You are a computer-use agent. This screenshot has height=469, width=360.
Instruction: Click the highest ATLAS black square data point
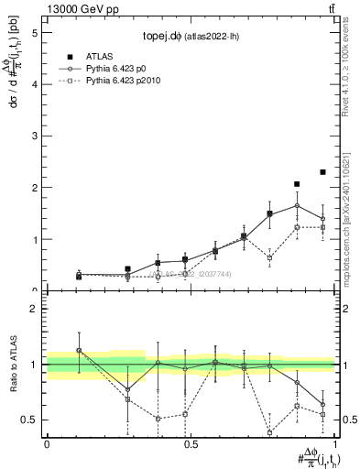pyautogui.click(x=322, y=172)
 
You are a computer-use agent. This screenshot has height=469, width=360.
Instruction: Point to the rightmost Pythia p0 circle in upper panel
pyautogui.click(x=322, y=218)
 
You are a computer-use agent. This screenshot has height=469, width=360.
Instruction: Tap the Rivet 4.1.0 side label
pyautogui.click(x=350, y=73)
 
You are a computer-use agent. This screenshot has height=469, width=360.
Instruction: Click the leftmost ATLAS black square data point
pyautogui.click(x=79, y=277)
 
